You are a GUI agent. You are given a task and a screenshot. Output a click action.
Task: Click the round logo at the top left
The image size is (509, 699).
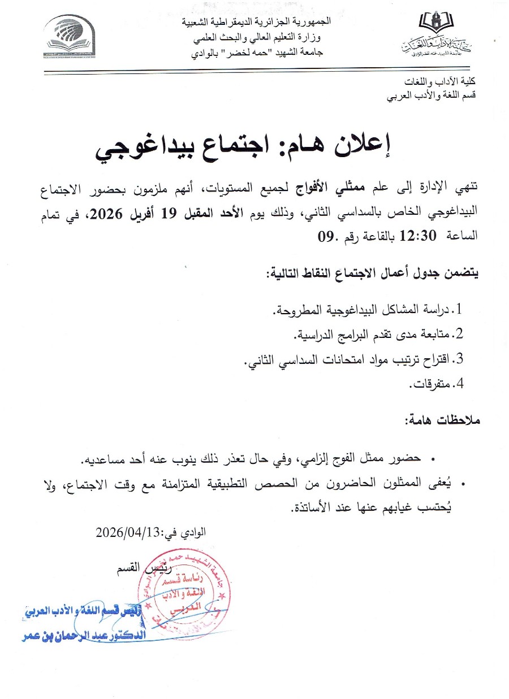70,35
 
